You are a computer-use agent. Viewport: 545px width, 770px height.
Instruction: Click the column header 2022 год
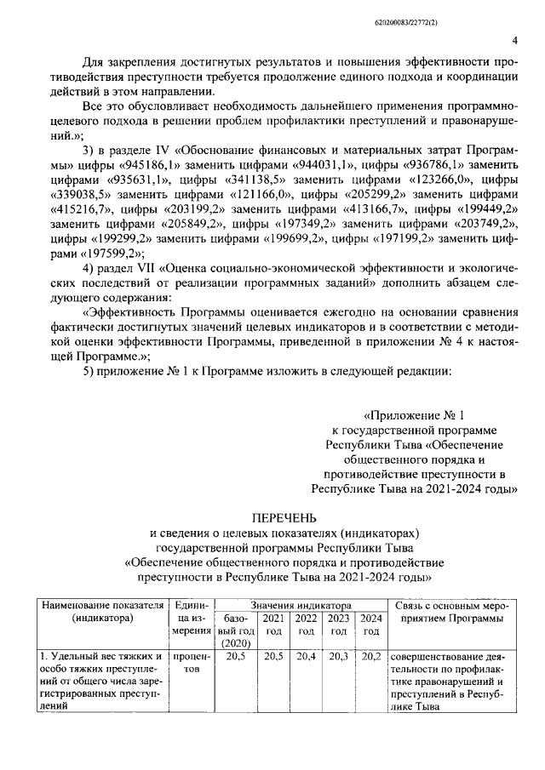pyautogui.click(x=305, y=625)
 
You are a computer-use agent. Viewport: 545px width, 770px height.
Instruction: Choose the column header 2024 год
pyautogui.click(x=370, y=625)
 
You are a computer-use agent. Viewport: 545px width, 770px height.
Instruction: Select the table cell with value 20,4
pyautogui.click(x=305, y=658)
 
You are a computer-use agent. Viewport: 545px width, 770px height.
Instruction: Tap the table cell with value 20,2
pyautogui.click(x=370, y=658)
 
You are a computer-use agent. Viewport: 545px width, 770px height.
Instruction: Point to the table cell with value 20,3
pyautogui.click(x=338, y=658)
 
